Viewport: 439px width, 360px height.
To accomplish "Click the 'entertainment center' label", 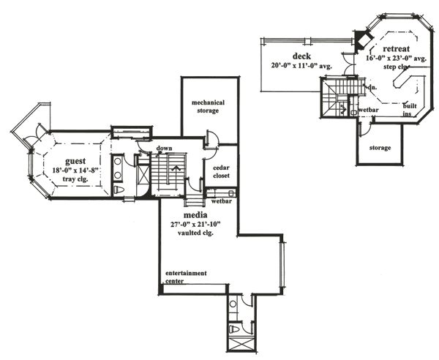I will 185,277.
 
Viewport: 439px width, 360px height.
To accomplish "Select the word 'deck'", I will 302,56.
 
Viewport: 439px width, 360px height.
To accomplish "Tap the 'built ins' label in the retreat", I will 410,109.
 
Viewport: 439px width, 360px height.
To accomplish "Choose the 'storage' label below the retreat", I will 379,148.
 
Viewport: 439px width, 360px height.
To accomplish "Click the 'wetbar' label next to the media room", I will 220,198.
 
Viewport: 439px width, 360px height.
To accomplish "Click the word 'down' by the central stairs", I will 164,149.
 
